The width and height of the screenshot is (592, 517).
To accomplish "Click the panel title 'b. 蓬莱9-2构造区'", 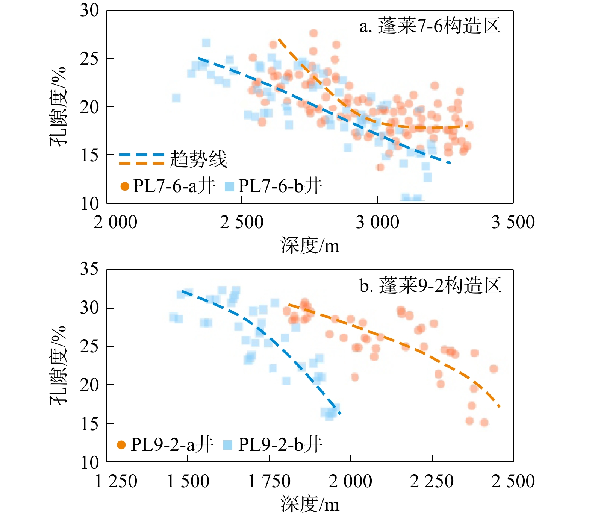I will (x=430, y=285).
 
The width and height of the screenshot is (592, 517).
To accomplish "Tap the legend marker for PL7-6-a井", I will (x=125, y=186).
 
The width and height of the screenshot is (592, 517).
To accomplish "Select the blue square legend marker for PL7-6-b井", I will (x=229, y=186).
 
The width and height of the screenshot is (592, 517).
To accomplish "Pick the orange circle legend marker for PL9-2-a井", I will (x=121, y=445).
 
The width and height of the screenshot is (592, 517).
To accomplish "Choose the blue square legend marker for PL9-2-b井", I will (x=228, y=445).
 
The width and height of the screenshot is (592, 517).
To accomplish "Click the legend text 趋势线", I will (x=198, y=159).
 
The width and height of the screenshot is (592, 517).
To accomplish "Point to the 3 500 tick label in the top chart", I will (x=513, y=222).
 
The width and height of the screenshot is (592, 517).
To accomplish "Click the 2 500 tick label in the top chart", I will (x=242, y=222).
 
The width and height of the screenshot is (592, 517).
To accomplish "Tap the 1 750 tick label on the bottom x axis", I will (x=269, y=481).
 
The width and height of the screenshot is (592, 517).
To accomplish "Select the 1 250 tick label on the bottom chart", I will (x=116, y=481).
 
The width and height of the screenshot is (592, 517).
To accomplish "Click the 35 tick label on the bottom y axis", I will (x=89, y=269).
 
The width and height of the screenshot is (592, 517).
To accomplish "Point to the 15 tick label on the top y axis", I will (x=89, y=155).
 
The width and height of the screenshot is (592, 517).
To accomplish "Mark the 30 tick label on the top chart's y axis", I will (x=89, y=11).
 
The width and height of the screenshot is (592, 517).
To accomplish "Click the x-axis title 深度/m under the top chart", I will (x=310, y=246).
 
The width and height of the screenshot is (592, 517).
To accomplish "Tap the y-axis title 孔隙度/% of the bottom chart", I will (x=58, y=365).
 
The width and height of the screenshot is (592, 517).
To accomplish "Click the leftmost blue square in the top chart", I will (x=176, y=98).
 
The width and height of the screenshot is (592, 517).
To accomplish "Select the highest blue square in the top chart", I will (x=206, y=43).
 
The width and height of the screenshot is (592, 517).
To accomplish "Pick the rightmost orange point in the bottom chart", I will (x=494, y=369).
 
